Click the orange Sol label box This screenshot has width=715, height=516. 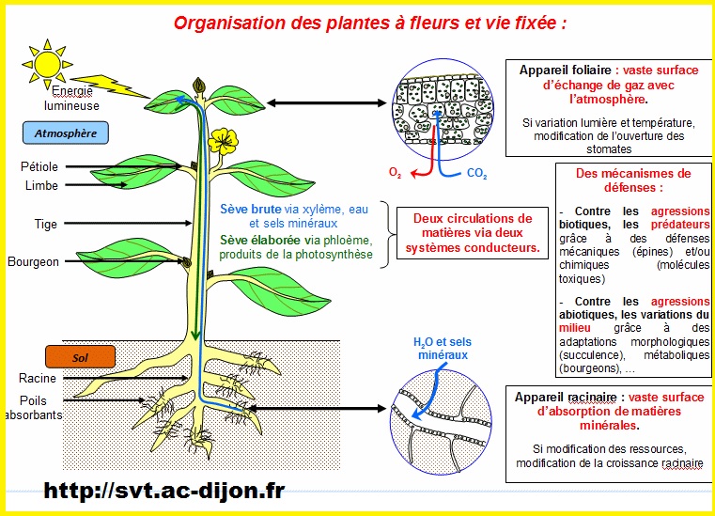pyautogui.click(x=80, y=356)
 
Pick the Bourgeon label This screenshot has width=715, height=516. pyautogui.click(x=33, y=261)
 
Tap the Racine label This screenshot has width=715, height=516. pyautogui.click(x=38, y=378)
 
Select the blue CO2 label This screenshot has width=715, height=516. pyautogui.click(x=477, y=173)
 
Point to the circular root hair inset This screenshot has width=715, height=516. pyautogui.click(x=442, y=416)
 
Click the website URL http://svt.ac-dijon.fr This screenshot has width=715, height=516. pyautogui.click(x=163, y=491)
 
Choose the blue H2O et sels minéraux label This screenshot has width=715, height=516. pyautogui.click(x=442, y=349)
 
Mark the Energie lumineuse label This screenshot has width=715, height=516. pyautogui.click(x=76, y=99)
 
